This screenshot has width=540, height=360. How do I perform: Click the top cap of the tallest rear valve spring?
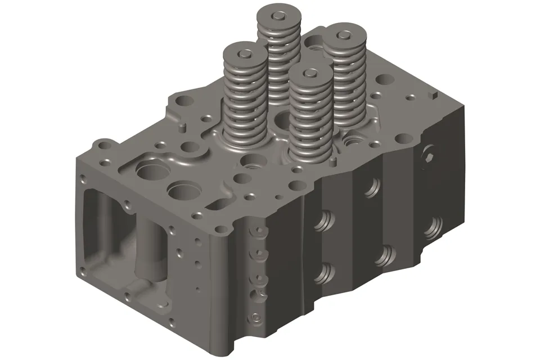pos(277,15)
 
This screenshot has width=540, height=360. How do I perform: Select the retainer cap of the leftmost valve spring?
pos(245,55)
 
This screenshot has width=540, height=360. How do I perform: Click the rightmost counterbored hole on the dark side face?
pos(433,228)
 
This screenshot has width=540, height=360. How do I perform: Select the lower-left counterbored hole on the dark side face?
pos(322,274)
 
